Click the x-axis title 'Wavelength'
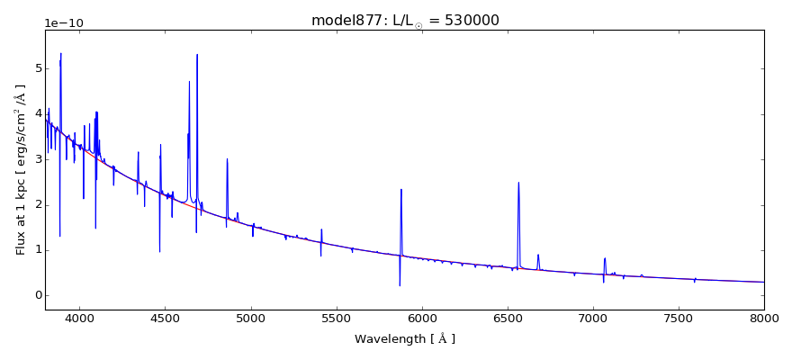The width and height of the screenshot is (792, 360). [x=404, y=339]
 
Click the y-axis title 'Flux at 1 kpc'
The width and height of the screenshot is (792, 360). [x=21, y=169]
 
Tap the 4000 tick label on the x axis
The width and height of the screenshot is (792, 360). [x=80, y=319]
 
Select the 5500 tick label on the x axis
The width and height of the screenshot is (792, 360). [x=336, y=319]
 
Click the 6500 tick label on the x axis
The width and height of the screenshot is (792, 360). [x=508, y=319]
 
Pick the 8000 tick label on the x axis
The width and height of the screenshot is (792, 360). [x=763, y=319]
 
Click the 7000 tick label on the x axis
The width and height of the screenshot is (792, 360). [x=593, y=319]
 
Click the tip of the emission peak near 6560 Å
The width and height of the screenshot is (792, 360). [x=518, y=183]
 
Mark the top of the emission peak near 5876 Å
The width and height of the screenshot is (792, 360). [x=401, y=189]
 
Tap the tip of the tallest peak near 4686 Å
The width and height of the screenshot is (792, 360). [x=197, y=54]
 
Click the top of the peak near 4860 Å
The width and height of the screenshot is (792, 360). [x=227, y=158]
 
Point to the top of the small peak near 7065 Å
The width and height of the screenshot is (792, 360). [x=605, y=258]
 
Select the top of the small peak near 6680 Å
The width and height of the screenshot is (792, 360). [x=538, y=255]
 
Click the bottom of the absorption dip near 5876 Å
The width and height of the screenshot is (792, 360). [x=400, y=286]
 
